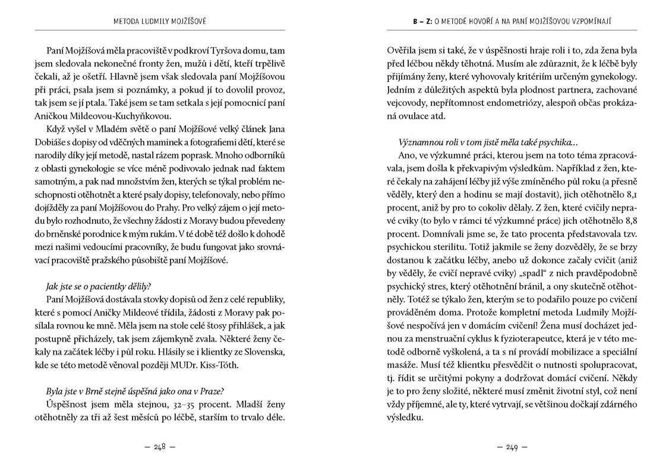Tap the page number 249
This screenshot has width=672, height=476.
512,447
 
